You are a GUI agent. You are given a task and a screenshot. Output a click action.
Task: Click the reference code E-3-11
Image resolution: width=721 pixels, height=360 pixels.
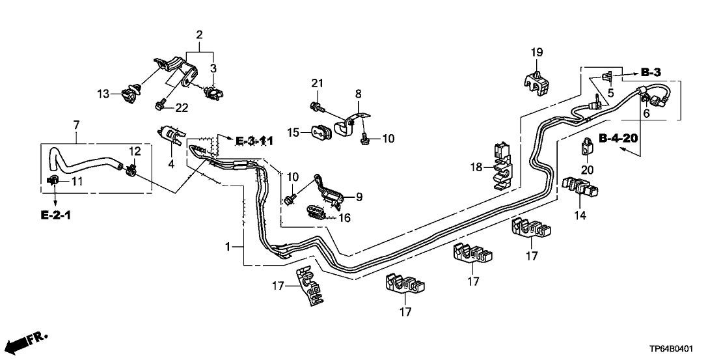[254, 141]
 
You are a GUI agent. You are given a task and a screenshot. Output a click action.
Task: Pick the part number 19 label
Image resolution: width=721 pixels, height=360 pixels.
[536, 52]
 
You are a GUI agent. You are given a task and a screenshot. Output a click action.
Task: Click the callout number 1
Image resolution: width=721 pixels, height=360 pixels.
[227, 247]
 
